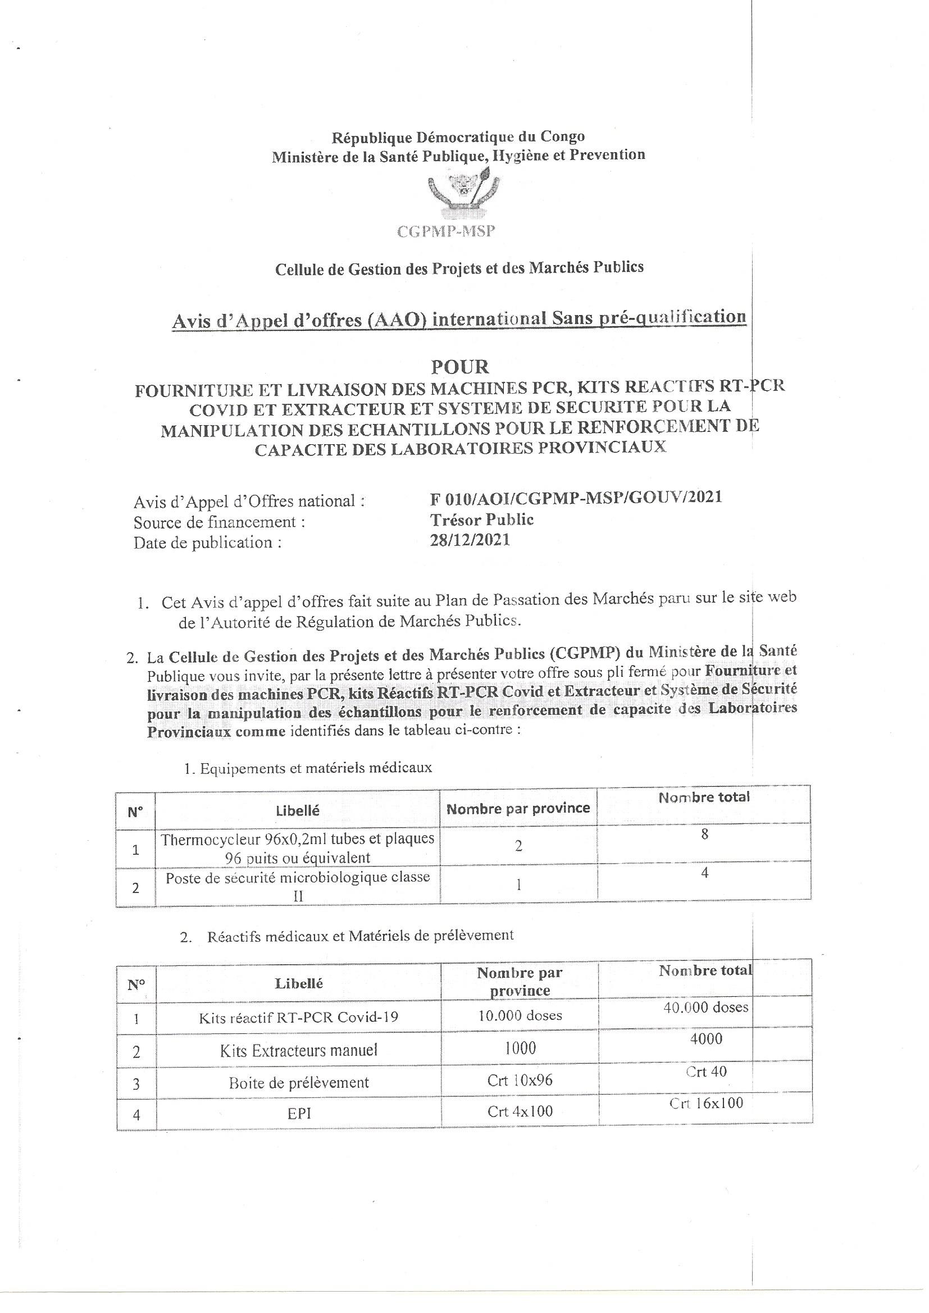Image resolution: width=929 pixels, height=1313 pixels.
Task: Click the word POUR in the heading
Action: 460,366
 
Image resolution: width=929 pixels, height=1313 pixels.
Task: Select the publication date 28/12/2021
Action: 470,540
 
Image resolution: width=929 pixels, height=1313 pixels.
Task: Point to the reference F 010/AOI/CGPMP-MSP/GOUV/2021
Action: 576,496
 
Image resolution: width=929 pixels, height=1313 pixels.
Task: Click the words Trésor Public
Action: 482,519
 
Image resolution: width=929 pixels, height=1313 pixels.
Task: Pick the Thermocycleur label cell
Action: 298,848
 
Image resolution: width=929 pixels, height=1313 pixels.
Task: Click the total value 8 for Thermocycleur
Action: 704,835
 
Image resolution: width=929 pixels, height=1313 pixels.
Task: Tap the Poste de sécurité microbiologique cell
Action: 298,886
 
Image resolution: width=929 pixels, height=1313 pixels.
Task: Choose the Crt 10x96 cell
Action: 520,1082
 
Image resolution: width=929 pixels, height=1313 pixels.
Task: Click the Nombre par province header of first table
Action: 518,809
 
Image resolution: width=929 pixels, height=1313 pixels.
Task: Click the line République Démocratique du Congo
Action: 458,136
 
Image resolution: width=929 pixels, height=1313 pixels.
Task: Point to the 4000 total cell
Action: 706,1038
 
